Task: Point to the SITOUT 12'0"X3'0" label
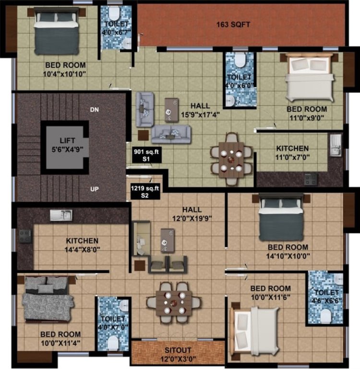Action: click(x=178, y=353)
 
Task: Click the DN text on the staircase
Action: click(x=94, y=110)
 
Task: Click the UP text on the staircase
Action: click(x=94, y=189)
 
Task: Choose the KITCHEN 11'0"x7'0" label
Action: click(x=292, y=153)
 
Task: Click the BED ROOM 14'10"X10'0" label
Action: click(x=287, y=251)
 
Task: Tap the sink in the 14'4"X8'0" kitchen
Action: click(x=61, y=215)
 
